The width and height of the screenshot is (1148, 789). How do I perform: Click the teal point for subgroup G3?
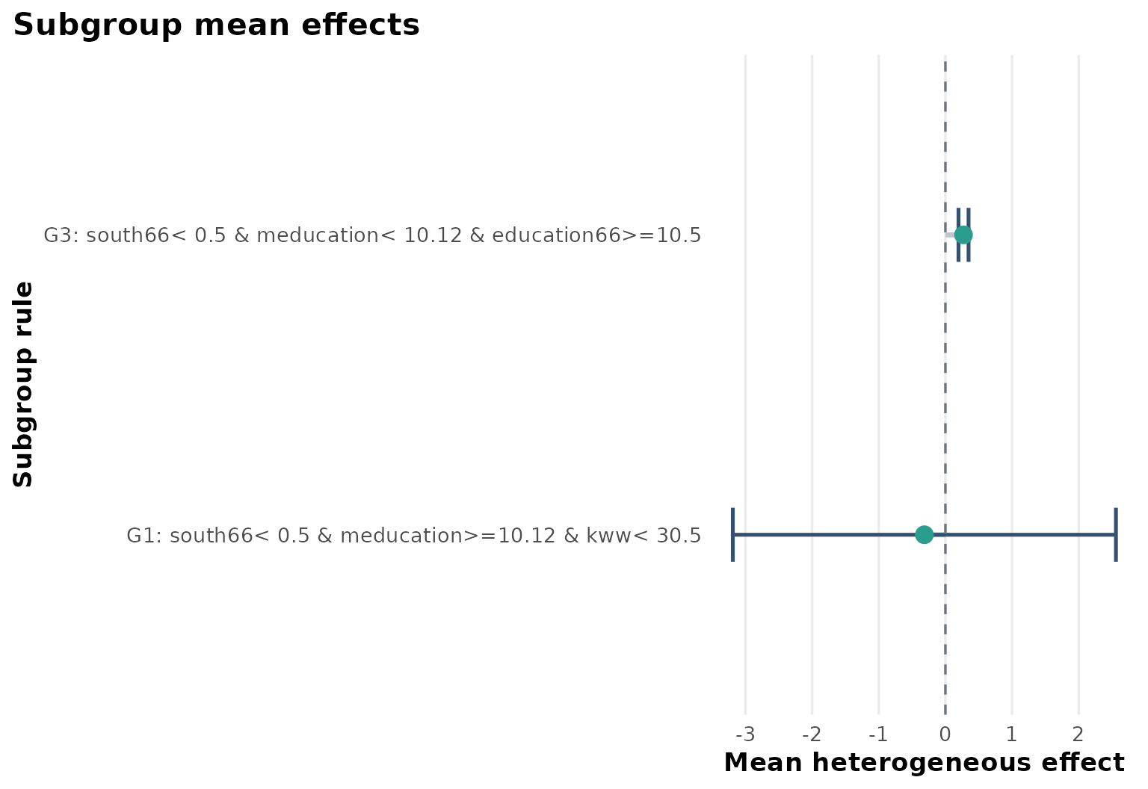[x=963, y=235]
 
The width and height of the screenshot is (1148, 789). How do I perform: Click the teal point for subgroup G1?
[x=925, y=534]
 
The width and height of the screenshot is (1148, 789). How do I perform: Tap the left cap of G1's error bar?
[x=733, y=534]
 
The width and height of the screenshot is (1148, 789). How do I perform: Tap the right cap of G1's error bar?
[x=1115, y=534]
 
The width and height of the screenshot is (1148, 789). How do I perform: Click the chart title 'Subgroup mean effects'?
[x=217, y=25]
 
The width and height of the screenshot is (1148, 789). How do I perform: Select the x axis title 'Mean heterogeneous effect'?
[x=924, y=763]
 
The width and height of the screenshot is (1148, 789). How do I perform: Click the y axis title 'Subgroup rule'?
[x=23, y=384]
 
